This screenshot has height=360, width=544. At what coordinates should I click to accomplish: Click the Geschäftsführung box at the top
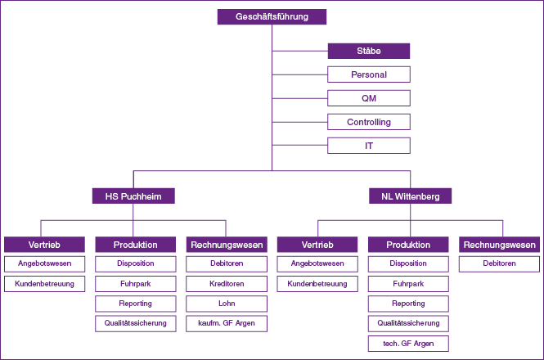coord(272,16)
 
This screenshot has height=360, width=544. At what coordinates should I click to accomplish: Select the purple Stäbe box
coord(368,51)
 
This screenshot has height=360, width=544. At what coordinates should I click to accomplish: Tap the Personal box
coord(368,74)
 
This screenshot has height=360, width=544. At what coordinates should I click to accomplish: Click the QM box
coord(368,98)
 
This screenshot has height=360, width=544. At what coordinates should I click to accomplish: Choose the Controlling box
coord(368,122)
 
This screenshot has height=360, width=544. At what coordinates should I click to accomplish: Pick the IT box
coord(368,146)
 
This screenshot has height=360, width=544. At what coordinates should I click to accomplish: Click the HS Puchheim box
coord(133,196)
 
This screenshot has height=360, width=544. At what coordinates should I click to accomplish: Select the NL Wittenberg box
coord(410,196)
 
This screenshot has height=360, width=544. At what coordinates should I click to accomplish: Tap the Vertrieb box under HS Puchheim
coord(44,245)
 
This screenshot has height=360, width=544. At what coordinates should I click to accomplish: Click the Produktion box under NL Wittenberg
coord(408,245)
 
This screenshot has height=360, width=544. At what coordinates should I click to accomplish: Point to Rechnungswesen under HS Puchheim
coord(227,245)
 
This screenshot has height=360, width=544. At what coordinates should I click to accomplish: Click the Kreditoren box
coord(227,284)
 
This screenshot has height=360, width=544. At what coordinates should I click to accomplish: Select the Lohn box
coord(227,304)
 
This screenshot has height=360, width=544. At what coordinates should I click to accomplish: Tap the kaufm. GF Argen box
coord(227,323)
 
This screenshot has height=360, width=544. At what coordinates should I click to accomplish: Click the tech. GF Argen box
coord(408,343)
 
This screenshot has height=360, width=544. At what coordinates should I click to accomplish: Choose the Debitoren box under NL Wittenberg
coord(499,263)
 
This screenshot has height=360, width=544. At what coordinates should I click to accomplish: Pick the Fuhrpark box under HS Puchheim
coord(135,284)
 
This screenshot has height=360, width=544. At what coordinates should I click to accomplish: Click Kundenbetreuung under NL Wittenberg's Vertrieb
coord(317,284)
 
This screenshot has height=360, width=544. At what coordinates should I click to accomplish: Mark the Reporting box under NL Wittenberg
coord(408,304)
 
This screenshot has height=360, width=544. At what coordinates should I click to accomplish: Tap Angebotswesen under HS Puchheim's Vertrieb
coord(44,263)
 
